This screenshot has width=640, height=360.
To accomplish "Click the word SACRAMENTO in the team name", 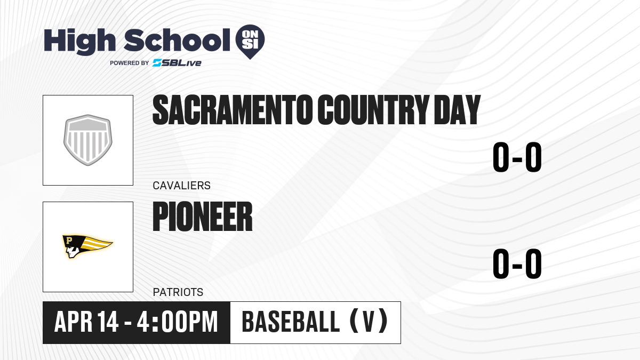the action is point(233,110).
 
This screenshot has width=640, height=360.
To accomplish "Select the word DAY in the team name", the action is point(457,110).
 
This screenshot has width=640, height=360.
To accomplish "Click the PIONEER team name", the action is point(203,217).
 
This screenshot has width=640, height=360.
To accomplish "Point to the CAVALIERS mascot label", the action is point(182,186).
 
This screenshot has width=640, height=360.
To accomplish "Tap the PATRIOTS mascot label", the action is point(178,292).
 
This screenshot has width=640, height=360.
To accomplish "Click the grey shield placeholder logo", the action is point(87,140).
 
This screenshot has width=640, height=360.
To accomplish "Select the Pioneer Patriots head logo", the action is point(87,246).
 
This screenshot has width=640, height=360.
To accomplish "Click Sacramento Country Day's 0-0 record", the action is point(517,157).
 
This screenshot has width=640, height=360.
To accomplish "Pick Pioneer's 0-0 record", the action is point(517,263).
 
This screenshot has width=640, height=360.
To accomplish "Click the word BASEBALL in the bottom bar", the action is point(291,322).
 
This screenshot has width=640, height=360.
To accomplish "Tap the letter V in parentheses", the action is point(369,322).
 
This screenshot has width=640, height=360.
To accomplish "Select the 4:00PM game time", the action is point(177,322).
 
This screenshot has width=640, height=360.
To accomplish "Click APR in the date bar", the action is point(73,322).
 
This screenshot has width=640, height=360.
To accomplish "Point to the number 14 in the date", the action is point(108,322).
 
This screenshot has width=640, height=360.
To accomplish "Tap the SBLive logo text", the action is point(177,63).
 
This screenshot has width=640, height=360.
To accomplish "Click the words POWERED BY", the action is point(130,63).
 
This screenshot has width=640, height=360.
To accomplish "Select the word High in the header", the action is point(80,42).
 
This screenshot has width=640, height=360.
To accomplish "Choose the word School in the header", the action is point(177,40).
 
